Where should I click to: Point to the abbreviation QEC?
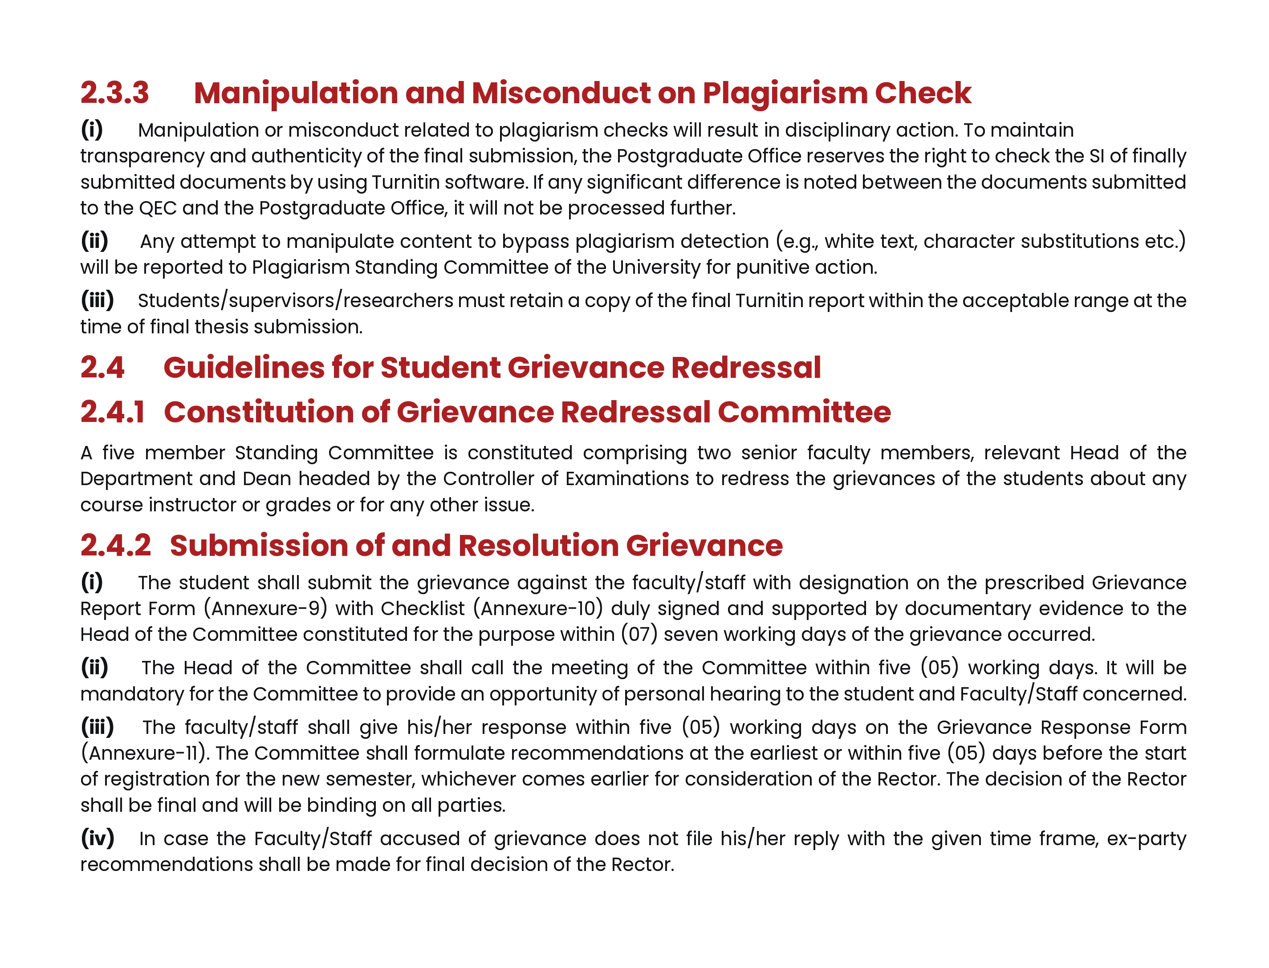157,208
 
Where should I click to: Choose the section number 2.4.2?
115,546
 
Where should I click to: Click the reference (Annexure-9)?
265,608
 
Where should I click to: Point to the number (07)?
639,634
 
